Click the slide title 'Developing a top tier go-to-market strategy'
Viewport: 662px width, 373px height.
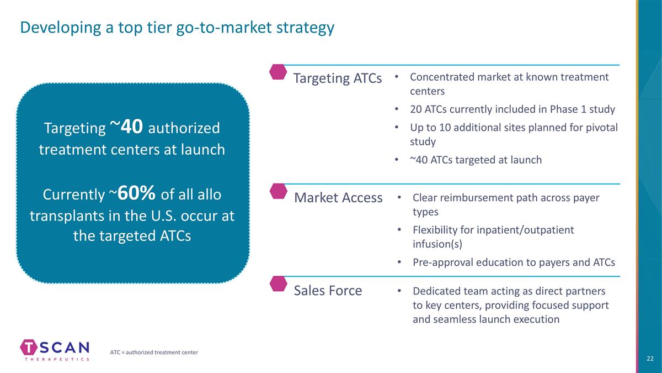177,28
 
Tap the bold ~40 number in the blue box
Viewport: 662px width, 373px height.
126,127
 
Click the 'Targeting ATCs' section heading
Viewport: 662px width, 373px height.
338,78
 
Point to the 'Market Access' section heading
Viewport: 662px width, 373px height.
338,197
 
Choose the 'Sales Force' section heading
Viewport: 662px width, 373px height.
328,291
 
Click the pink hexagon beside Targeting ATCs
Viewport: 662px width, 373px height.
278,72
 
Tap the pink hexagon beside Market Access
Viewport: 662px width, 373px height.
279,191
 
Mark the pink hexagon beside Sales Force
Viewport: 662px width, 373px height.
279,283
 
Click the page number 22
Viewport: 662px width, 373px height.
650,359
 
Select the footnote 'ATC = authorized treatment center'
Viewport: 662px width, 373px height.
154,353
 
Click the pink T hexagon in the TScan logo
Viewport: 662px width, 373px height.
29,347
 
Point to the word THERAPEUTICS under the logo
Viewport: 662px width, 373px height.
57,359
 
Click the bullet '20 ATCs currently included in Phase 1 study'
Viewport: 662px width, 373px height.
512,109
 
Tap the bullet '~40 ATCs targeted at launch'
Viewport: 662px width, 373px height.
476,160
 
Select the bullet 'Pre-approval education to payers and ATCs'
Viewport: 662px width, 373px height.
514,262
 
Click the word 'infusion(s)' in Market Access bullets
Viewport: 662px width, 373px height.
437,244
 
